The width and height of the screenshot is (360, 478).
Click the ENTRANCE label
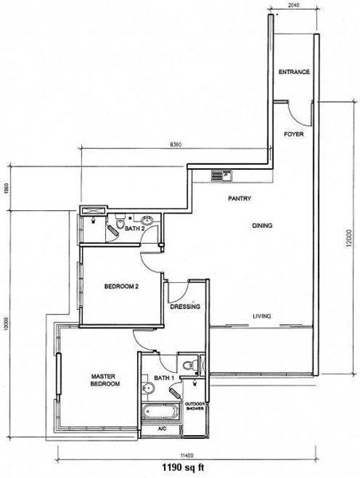(x=294, y=72)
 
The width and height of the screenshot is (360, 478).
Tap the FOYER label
(x=294, y=134)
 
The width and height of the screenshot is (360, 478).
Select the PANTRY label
(x=240, y=198)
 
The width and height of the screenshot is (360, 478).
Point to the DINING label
(x=262, y=225)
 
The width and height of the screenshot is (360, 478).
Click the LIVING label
(x=262, y=316)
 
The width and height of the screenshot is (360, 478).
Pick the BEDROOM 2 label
(x=121, y=287)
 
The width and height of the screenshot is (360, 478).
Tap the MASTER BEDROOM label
(x=105, y=380)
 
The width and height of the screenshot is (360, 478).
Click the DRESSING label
(x=185, y=307)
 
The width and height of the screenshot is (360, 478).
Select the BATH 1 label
(x=164, y=378)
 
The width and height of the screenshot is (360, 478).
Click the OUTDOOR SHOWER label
(x=195, y=406)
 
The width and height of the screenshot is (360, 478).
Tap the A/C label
(x=162, y=429)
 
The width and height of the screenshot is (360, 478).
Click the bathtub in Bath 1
(x=160, y=412)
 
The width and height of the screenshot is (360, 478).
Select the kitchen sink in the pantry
(x=222, y=176)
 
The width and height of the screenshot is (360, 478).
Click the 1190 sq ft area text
(x=183, y=468)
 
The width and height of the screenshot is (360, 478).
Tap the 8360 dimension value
(x=175, y=145)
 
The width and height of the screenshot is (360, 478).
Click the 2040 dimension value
(x=293, y=5)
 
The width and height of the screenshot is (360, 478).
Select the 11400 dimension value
(x=187, y=456)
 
